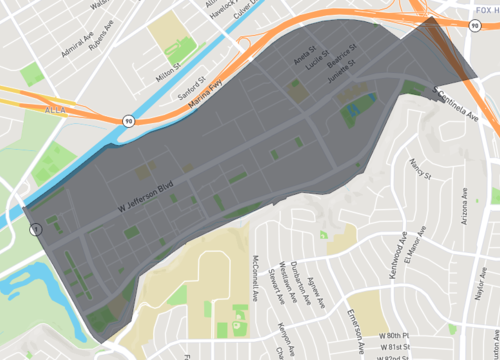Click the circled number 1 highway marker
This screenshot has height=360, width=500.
click(x=36, y=229)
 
